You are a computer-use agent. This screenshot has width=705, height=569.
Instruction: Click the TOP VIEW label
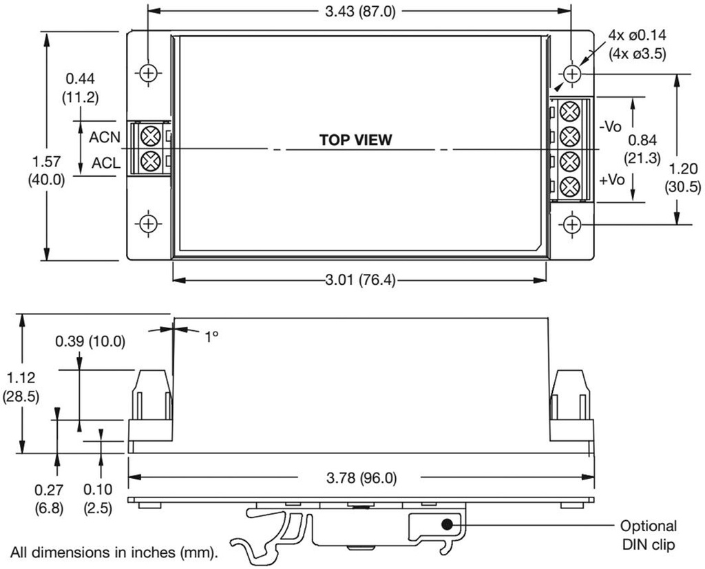coord(355,140)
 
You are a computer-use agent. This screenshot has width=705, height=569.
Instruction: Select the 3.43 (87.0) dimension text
coord(359,11)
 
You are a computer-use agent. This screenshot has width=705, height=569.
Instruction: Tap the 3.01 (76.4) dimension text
coord(355,280)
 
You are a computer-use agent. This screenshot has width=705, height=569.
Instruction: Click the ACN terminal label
coord(105,137)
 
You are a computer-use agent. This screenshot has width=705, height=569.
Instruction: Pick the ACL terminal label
coord(105,164)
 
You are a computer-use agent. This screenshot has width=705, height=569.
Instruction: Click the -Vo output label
coord(611,127)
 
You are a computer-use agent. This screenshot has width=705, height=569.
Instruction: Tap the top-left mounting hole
coord(149,72)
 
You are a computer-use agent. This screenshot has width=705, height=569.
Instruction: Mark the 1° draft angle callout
coord(211,336)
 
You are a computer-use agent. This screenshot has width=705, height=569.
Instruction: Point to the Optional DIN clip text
coord(648,536)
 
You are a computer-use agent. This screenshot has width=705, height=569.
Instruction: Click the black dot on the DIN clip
coord(447,524)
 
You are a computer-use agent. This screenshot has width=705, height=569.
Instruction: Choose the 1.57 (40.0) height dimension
coord(46,171)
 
